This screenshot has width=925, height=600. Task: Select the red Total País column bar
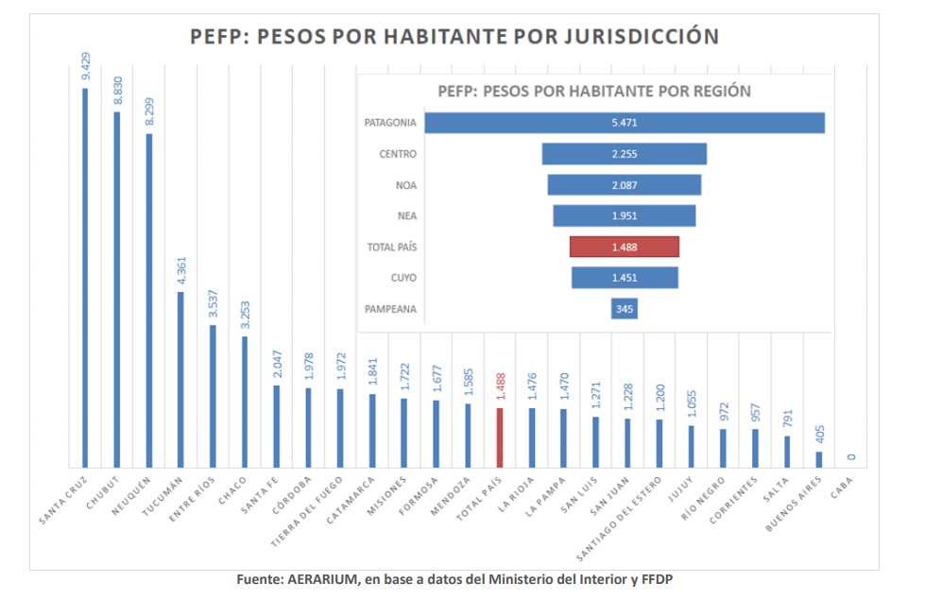[499, 437]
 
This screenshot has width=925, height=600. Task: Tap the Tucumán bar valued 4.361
[180, 379]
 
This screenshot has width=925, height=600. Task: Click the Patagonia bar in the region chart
[624, 123]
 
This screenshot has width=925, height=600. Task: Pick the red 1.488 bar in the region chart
[624, 246]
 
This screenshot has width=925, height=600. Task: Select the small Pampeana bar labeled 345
[624, 308]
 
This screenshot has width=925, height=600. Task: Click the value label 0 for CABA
[851, 457]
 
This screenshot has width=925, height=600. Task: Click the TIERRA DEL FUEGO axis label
[311, 509]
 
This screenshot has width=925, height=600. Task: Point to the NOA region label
[405, 185]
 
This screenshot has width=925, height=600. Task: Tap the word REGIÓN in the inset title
[720, 92]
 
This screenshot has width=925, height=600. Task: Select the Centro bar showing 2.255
[624, 154]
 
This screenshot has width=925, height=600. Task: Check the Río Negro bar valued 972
[723, 448]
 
